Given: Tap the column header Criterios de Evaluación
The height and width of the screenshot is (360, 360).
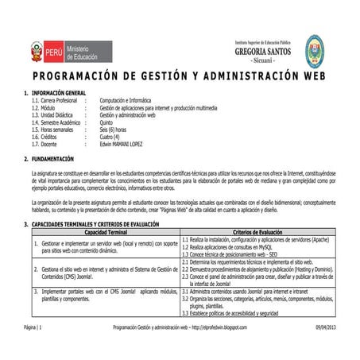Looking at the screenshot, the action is tap(260, 231).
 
